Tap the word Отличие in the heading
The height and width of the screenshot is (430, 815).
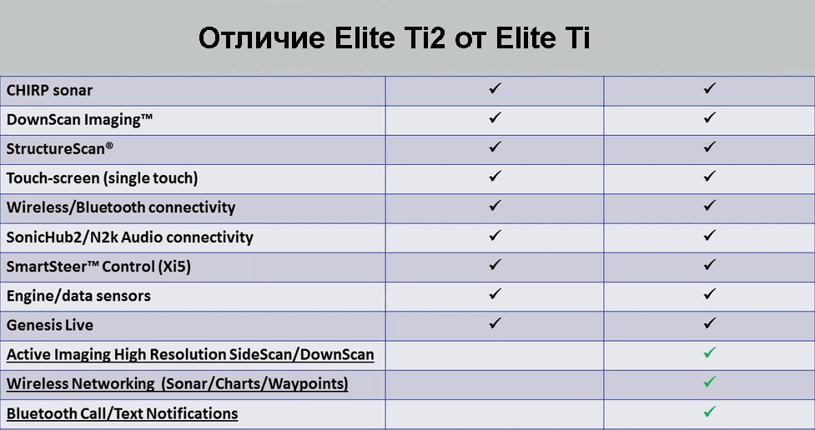click(x=262, y=37)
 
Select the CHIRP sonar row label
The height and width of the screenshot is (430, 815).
click(x=49, y=90)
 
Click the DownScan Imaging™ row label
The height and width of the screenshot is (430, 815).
click(x=79, y=119)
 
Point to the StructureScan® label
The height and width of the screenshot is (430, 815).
click(x=60, y=148)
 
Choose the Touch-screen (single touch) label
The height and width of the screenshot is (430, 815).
click(x=102, y=178)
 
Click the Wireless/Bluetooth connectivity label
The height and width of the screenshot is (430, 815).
click(x=121, y=207)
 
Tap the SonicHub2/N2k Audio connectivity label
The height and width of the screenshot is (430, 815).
click(x=129, y=237)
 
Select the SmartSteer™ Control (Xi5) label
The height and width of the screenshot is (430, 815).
click(x=98, y=267)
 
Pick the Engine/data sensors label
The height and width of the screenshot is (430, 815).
click(x=78, y=296)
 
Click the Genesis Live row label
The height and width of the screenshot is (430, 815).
click(x=50, y=325)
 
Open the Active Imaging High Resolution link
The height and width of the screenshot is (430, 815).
click(x=190, y=355)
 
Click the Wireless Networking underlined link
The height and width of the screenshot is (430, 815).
click(x=177, y=384)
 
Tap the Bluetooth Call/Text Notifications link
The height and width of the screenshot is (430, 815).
click(x=122, y=413)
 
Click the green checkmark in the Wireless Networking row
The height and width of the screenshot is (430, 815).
click(x=710, y=382)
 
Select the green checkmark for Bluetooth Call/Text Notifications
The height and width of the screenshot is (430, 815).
click(x=710, y=412)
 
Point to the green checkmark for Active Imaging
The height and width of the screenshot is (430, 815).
click(x=710, y=352)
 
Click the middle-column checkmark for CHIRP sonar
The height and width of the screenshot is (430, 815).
click(x=495, y=87)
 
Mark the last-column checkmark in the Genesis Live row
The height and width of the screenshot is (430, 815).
click(x=710, y=323)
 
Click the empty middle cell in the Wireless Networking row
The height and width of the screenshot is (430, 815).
click(x=495, y=385)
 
